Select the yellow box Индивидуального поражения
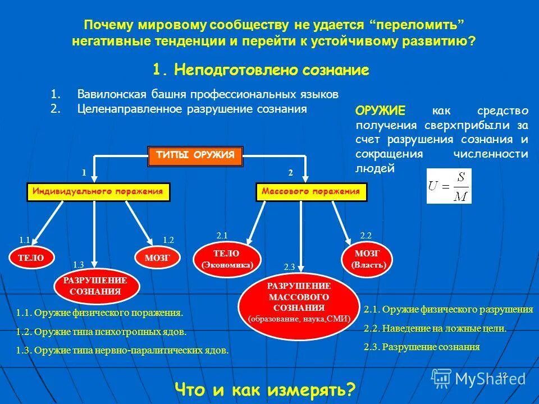click(98, 192)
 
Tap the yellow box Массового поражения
click(312, 192)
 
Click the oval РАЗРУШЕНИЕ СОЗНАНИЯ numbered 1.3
click(95, 286)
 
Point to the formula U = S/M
click(449, 186)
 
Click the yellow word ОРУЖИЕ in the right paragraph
click(380, 111)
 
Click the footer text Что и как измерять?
click(266, 388)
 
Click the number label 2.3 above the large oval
click(290, 267)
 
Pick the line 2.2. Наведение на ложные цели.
click(435, 328)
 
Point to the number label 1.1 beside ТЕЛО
click(24, 240)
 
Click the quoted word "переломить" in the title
click(418, 25)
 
